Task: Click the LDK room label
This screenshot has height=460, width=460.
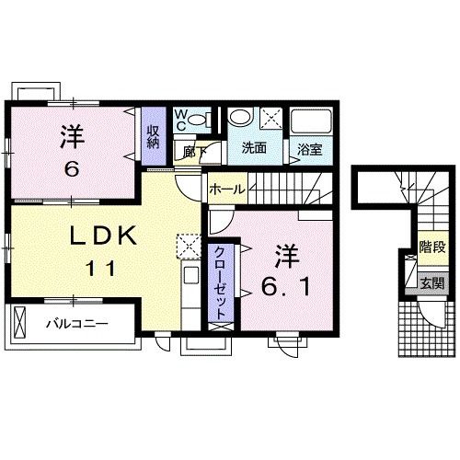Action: [x=103, y=236]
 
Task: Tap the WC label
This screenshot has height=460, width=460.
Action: [x=180, y=121]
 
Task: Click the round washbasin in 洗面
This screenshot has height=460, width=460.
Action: [x=240, y=117]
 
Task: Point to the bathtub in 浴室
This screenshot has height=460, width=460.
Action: [x=311, y=121]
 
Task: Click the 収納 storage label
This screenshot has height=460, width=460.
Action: [x=153, y=137]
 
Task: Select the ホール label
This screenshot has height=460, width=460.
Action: [x=227, y=190]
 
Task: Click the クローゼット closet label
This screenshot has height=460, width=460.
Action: [x=220, y=283]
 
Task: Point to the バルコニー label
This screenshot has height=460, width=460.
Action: [x=77, y=324]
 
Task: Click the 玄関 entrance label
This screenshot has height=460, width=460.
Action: [x=431, y=283]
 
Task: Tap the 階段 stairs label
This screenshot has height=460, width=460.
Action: [x=432, y=247]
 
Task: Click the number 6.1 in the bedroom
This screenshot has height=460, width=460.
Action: [x=285, y=287]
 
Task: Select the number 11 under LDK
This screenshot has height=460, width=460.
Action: [x=101, y=269]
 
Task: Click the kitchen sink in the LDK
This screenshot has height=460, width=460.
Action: [x=190, y=275]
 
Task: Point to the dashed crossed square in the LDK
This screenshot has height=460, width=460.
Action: [x=188, y=247]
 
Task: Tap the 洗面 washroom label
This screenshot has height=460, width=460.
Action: [x=254, y=148]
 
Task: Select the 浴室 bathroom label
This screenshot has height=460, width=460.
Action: [x=310, y=149]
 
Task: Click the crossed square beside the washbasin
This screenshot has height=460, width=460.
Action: [x=270, y=118]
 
